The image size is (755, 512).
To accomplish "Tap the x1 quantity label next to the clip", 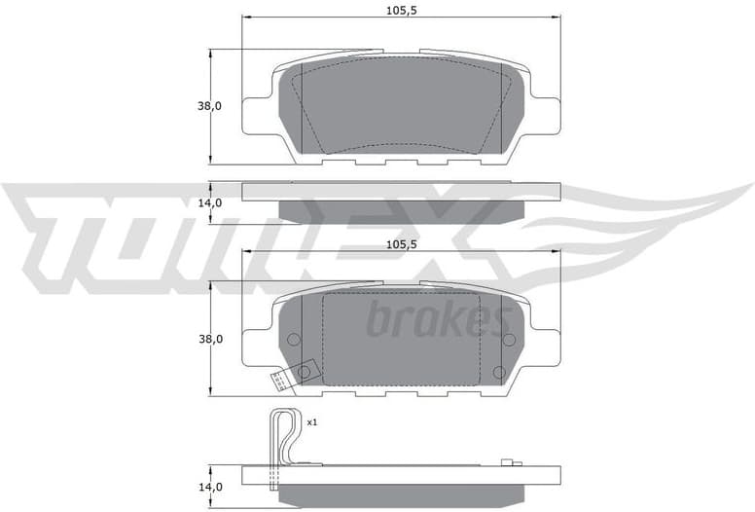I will (312, 423).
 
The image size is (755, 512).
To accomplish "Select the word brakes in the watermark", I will (437, 319).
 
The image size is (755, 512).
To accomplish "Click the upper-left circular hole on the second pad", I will (293, 339).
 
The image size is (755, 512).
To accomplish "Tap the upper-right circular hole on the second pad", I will (508, 339).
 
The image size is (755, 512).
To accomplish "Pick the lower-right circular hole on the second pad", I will (499, 372).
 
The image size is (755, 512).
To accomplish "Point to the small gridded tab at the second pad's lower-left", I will (280, 381).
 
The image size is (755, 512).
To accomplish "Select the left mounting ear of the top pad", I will (255, 115).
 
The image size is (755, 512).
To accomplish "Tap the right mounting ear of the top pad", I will (547, 115).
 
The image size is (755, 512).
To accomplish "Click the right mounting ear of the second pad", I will (547, 347).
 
